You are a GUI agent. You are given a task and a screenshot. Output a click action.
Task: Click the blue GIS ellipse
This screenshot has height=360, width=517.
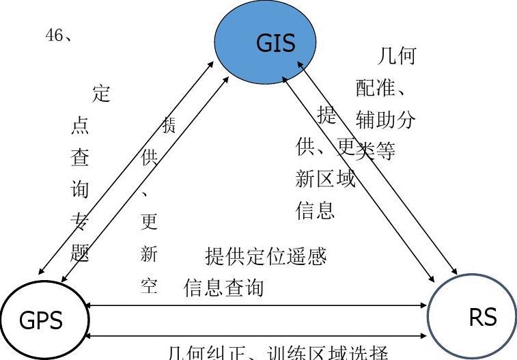coord(266,40)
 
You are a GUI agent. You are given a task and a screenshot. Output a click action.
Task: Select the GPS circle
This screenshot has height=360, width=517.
coord(40,320)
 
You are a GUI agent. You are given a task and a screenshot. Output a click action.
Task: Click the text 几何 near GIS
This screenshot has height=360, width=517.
coord(396,56)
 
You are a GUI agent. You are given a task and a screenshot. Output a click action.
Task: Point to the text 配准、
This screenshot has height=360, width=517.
coord(382,87)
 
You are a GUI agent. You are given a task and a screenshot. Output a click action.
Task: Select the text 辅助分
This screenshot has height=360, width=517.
coord(385,120)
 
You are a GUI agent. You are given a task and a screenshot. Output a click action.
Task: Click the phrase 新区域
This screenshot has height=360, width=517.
coord(325,179)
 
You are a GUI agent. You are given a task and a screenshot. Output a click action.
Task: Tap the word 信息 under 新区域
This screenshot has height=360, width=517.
coord(315,210)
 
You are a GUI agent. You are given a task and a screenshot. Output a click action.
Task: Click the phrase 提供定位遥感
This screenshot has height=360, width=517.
coord(266,257)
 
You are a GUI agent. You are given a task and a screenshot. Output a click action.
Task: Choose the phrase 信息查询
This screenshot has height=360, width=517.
coord(223,288)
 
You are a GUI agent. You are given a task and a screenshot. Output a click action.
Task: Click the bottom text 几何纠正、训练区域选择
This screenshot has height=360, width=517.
coord(278,352)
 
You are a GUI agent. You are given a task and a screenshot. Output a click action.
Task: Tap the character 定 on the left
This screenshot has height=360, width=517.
coord(101,93)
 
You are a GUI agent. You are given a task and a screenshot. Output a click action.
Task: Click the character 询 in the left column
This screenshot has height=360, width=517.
coord(80,189)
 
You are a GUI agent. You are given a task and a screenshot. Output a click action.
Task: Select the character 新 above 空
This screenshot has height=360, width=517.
coord(149,255)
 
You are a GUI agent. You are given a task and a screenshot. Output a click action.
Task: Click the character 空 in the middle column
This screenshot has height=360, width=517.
coord(149,286)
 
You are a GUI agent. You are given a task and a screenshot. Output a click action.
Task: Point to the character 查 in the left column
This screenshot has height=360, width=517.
coord(80,158)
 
